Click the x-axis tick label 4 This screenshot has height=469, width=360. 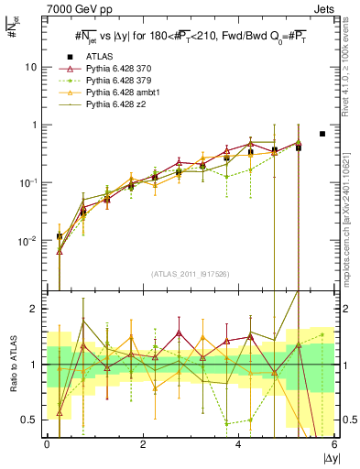pos(239,444)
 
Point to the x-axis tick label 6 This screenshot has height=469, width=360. pos(334,444)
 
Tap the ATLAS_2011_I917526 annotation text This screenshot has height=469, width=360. pos(191,273)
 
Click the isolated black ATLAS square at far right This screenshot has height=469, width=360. pos(322,134)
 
